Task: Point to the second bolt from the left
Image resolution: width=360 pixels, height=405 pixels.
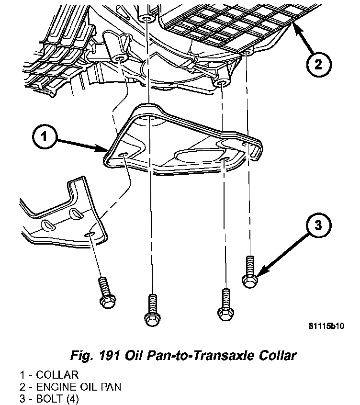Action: [x=151, y=308]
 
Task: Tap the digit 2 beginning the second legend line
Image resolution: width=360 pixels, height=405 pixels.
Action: [x=22, y=386]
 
